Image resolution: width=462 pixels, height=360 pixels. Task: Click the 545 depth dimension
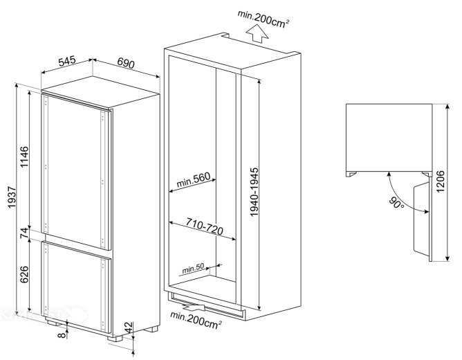(67, 61)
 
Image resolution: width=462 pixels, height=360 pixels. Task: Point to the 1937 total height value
(12, 197)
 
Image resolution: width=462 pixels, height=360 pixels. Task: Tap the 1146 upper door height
(24, 156)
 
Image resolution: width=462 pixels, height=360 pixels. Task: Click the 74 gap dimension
(24, 233)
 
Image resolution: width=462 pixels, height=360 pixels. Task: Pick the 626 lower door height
(24, 274)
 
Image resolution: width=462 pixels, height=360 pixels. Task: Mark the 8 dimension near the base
(62, 335)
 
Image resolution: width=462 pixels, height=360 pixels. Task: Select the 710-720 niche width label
(204, 226)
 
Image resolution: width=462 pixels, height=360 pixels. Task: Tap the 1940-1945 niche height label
(254, 192)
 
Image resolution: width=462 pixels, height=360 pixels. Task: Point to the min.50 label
(193, 268)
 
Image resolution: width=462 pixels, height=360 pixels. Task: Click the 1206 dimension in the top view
(440, 181)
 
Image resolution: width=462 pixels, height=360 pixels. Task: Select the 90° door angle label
(396, 203)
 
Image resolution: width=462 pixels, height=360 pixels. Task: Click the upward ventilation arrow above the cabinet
(257, 34)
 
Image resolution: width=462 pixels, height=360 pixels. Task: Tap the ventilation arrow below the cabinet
(194, 307)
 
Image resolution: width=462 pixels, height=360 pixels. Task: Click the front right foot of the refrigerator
(115, 339)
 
